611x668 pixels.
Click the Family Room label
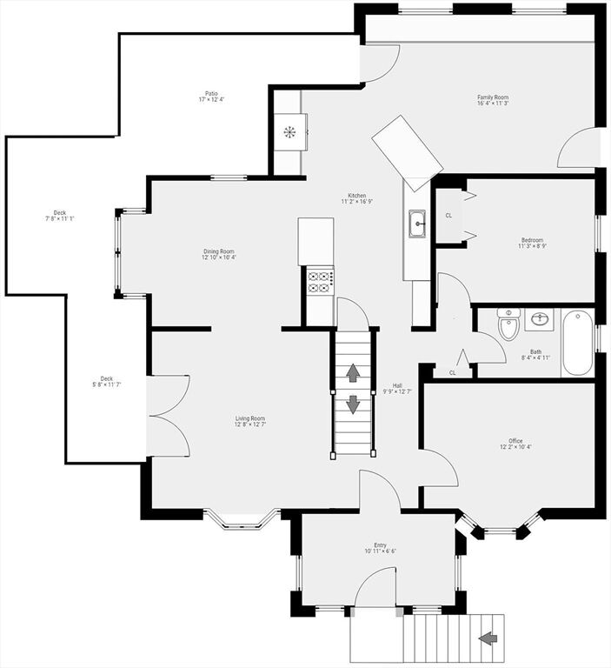click(x=493, y=100)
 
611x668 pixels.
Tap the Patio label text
click(x=211, y=97)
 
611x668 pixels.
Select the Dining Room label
click(x=219, y=254)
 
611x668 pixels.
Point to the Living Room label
click(x=250, y=421)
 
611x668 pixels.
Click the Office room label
click(x=515, y=444)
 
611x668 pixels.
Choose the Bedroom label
click(x=532, y=243)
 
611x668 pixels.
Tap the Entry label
click(x=380, y=548)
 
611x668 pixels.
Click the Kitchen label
click(x=357, y=198)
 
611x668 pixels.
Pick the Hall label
click(x=397, y=389)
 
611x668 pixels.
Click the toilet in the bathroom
click(x=508, y=324)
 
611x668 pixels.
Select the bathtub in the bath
click(x=577, y=343)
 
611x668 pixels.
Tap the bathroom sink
click(x=539, y=319)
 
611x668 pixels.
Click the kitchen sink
click(x=418, y=224)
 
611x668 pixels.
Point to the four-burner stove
click(x=320, y=280)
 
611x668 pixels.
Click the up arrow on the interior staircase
click(x=353, y=373)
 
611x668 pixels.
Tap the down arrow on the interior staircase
click(x=353, y=404)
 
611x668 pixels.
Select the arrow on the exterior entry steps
click(x=488, y=638)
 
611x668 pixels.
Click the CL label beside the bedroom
click(x=448, y=216)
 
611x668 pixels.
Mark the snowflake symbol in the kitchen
click(x=289, y=132)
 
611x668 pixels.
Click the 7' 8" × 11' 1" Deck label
click(x=60, y=216)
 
